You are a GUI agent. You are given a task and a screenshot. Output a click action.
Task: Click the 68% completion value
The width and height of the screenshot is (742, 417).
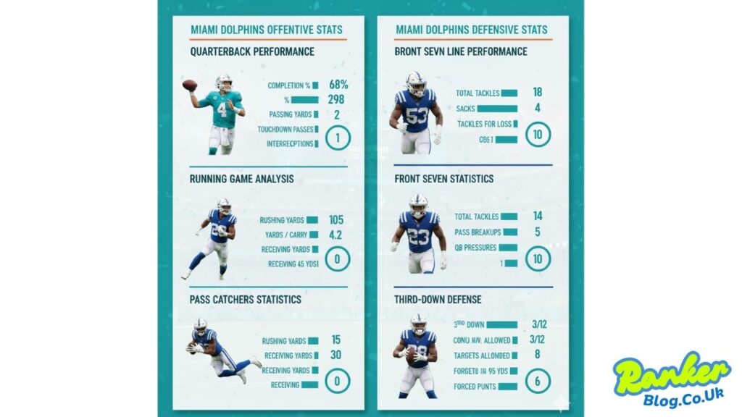point(338,85)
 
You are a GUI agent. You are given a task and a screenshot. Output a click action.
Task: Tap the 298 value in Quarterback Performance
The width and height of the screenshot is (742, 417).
point(335,100)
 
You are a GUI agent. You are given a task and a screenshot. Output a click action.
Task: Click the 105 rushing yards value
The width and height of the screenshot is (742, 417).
point(335,219)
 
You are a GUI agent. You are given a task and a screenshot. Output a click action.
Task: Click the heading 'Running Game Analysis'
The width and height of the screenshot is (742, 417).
point(242,179)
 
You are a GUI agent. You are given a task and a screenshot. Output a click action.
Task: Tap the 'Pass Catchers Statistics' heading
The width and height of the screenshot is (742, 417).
point(246,299)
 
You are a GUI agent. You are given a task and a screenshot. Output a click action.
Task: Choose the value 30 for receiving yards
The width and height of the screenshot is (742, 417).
point(335,355)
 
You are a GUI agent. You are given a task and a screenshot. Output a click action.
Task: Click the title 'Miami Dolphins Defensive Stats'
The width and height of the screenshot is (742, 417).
point(471,30)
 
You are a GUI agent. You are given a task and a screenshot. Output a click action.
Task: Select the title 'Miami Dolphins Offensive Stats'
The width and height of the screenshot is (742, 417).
point(267,30)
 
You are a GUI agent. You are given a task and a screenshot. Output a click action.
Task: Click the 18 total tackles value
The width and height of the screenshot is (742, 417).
point(538,93)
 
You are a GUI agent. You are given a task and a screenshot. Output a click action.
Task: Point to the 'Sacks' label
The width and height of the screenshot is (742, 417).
point(465,109)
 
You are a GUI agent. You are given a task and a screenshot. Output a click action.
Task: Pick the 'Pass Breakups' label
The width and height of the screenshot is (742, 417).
point(476,232)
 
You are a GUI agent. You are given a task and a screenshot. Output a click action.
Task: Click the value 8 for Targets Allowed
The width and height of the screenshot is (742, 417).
point(538,355)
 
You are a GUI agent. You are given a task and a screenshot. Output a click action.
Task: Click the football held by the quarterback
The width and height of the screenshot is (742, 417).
point(189,85)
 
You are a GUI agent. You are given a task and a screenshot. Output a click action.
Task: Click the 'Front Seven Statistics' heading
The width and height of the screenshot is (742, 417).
point(444,179)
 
